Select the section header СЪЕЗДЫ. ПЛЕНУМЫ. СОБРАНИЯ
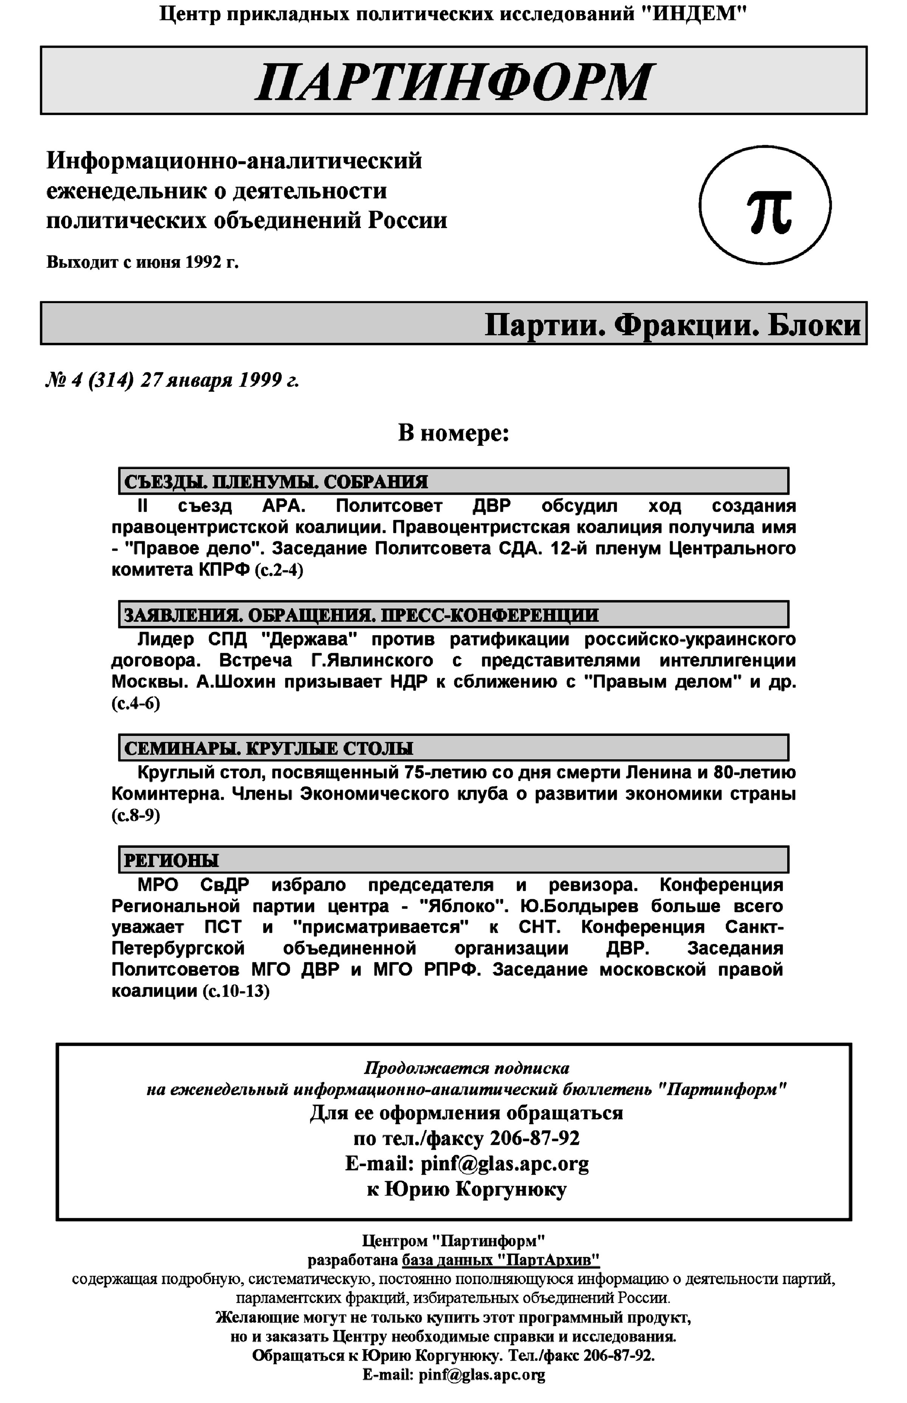point(276,481)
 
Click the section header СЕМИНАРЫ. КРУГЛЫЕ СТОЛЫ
point(269,748)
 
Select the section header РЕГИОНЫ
point(171,861)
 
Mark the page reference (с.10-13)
point(235,991)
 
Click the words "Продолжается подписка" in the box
point(466,1068)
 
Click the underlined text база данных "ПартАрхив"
point(501,1260)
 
